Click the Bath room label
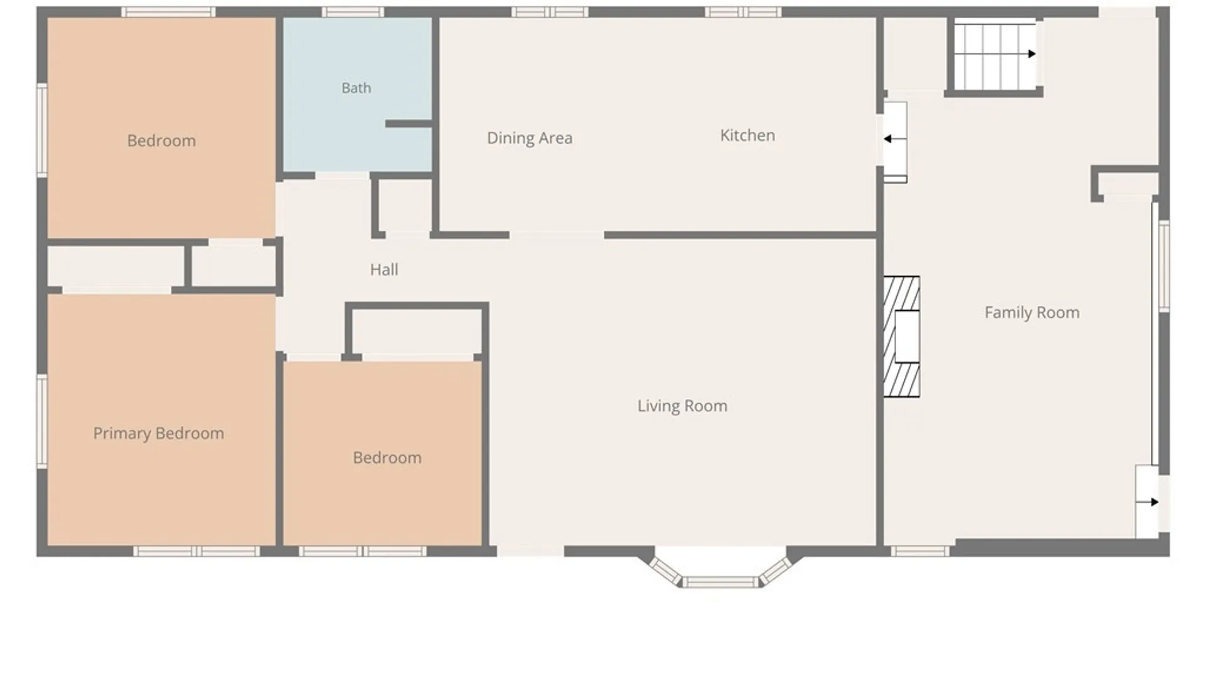click(356, 88)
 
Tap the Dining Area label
click(530, 138)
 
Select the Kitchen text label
click(747, 135)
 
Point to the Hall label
click(384, 269)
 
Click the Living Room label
click(682, 406)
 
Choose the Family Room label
click(1032, 313)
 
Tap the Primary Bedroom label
click(158, 433)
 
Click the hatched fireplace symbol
click(902, 336)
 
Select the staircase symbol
click(995, 55)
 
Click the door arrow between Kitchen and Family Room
click(894, 139)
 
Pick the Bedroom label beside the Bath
click(161, 141)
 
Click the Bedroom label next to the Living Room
click(387, 458)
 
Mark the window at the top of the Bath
click(353, 12)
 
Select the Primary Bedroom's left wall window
click(42, 421)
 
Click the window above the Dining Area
click(550, 12)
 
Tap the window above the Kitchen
click(743, 12)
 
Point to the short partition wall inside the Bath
click(409, 124)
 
